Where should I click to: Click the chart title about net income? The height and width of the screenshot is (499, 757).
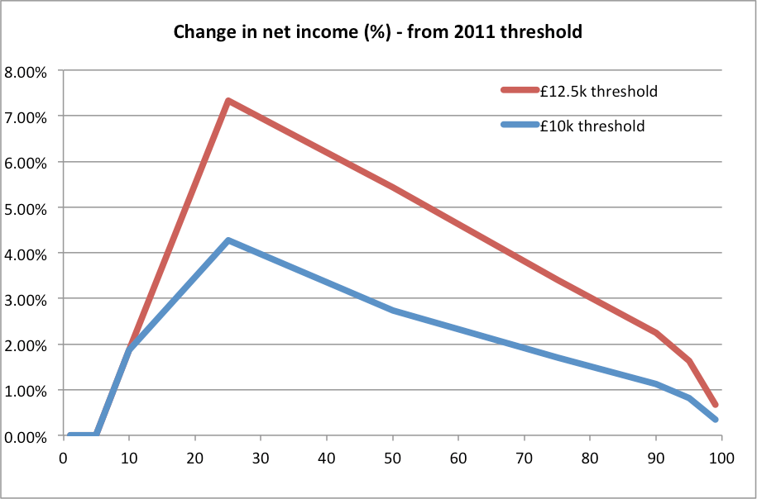pos(379,33)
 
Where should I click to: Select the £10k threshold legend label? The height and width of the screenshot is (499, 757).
pos(592,126)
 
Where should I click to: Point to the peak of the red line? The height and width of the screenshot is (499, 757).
pos(228,101)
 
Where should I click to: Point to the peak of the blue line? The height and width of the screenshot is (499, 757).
pos(228,240)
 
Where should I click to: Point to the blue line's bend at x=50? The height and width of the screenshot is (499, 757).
pos(392,311)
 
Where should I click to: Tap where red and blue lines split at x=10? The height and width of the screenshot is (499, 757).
pos(129,350)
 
